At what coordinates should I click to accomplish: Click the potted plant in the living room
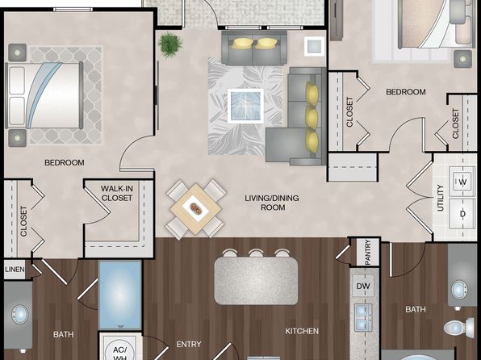[170, 44]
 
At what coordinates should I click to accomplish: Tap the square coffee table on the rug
[245, 106]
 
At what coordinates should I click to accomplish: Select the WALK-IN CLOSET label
[116, 193]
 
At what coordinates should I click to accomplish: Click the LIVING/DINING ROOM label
[272, 203]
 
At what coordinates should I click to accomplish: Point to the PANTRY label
[368, 253]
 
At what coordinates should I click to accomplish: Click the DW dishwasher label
[363, 286]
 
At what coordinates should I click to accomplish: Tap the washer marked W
[462, 182]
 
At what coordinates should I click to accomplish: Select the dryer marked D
[462, 214]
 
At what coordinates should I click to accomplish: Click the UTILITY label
[441, 198]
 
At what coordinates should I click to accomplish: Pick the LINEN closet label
[15, 270]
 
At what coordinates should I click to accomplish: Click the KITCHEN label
[302, 331]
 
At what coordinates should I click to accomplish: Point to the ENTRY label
[189, 345]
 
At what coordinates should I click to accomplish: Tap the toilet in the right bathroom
[459, 328]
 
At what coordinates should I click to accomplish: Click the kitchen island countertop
[256, 281]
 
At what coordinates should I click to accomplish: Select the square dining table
[195, 209]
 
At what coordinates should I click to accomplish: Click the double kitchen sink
[363, 317]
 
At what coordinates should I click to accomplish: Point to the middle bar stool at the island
[256, 253]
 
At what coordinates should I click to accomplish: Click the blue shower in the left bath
[120, 295]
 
